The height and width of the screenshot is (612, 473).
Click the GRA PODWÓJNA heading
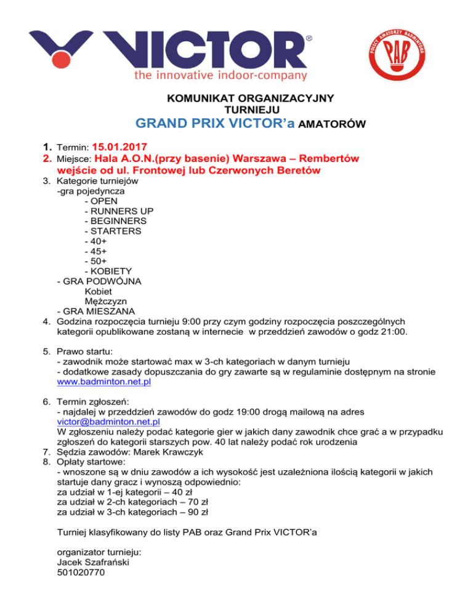(99, 281)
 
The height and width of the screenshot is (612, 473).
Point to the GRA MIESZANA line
(95, 310)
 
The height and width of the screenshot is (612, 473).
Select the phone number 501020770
(80, 571)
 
